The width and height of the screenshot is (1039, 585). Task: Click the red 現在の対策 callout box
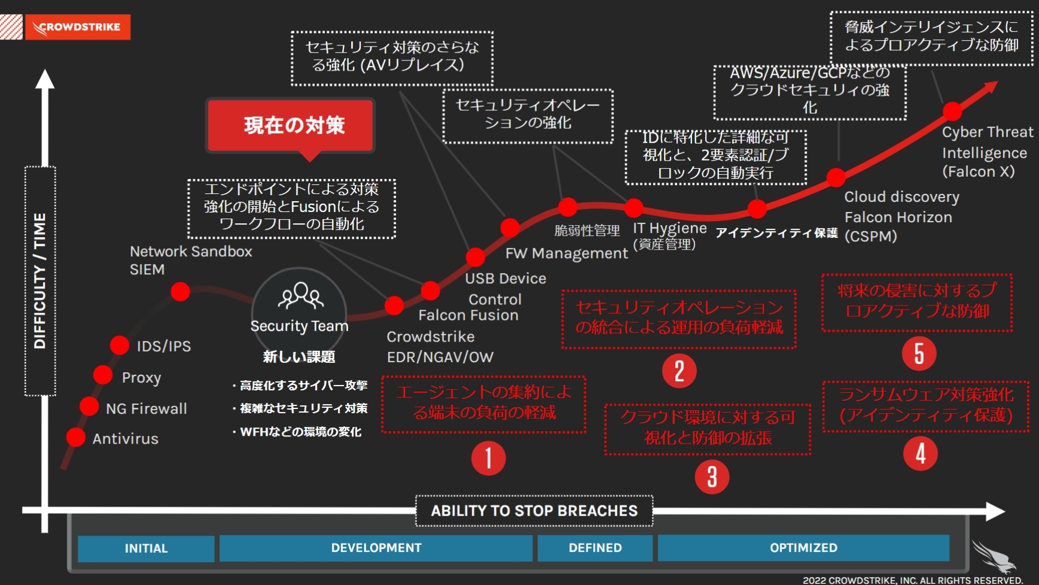291,126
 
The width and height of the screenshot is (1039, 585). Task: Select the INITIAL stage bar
146,548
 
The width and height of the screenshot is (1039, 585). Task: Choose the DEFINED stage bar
595,548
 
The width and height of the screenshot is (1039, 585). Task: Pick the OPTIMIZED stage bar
804,548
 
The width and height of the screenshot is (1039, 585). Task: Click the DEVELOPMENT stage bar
376,548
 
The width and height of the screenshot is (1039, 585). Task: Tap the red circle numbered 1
488,459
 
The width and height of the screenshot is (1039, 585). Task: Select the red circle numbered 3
712,477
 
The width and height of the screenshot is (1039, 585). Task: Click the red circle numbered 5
919,353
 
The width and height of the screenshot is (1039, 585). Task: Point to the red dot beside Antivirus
75,437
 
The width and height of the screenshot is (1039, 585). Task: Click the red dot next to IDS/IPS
119,345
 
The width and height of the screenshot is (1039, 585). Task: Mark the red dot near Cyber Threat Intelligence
952,111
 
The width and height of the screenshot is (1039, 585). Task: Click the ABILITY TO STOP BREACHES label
534,511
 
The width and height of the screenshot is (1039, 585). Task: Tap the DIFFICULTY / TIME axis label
40,281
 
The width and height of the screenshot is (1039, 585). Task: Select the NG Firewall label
147,408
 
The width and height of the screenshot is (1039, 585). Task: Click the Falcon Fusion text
469,315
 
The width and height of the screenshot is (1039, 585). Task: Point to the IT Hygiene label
670,229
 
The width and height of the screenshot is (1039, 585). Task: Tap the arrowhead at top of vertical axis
44,79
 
